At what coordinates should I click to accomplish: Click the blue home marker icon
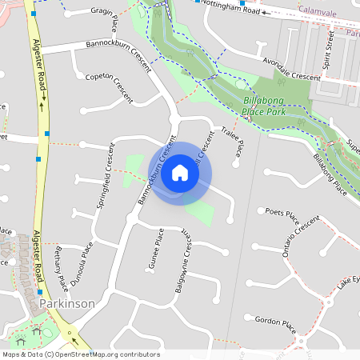180,173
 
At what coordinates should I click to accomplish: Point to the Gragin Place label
104,13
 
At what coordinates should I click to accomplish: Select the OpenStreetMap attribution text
81,354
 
